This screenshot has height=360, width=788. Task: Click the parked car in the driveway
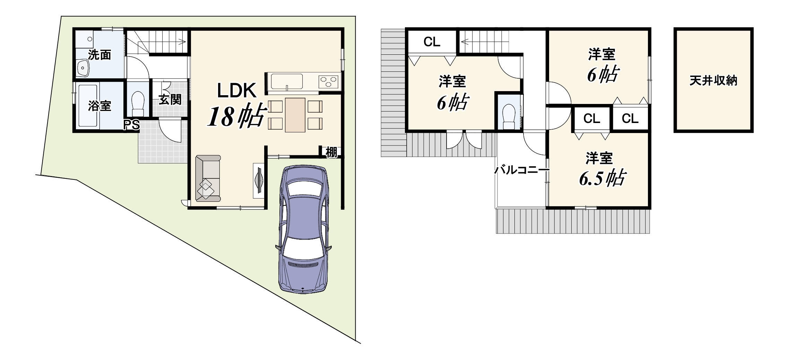[x=303, y=229]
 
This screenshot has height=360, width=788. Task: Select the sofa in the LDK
[x=208, y=178]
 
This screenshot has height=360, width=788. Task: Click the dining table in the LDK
[x=295, y=115]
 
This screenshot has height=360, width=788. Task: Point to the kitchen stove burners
[x=328, y=82]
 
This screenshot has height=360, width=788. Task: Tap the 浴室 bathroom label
[x=99, y=106]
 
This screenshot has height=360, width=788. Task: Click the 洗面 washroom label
[x=99, y=55]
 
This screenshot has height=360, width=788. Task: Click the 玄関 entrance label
[x=170, y=100]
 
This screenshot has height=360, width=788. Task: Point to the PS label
[x=132, y=125]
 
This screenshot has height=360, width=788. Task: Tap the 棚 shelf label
[x=331, y=152]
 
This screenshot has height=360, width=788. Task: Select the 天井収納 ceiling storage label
[x=713, y=81]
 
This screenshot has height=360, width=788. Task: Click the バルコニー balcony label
[x=522, y=170]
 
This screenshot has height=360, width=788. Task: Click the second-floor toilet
[x=509, y=116]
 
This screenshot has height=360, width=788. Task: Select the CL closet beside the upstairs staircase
[x=432, y=42]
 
